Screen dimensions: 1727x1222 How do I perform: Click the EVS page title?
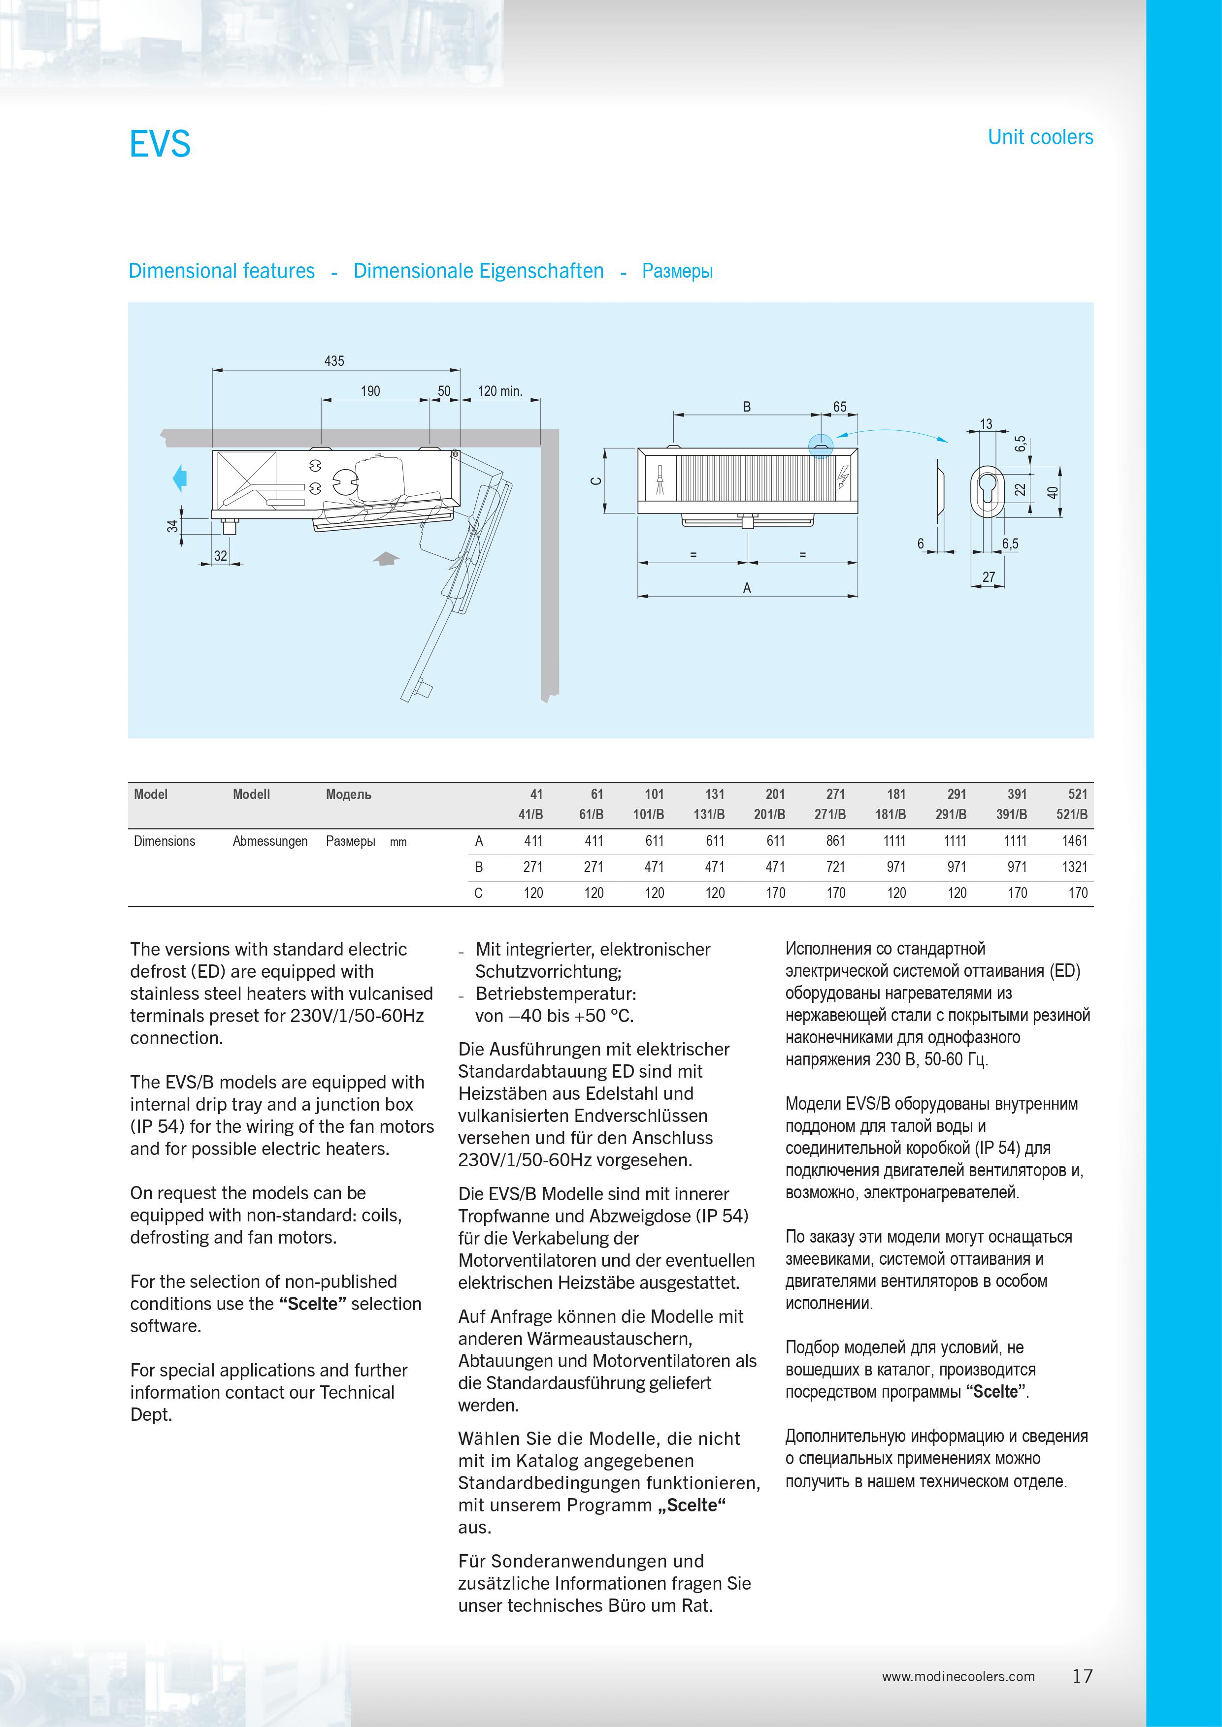[x=160, y=144]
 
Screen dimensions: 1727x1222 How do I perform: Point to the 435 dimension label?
[x=334, y=361]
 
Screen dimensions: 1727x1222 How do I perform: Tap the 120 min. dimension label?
[x=499, y=391]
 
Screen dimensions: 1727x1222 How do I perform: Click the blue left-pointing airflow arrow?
[x=179, y=478]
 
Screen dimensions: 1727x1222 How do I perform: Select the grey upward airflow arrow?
[x=387, y=558]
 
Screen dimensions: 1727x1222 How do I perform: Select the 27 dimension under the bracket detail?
[x=988, y=577]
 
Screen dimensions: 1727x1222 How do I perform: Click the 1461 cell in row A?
[x=1075, y=841]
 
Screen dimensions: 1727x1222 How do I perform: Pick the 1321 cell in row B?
[x=1075, y=866]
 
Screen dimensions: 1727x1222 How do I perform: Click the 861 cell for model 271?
[x=835, y=841]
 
